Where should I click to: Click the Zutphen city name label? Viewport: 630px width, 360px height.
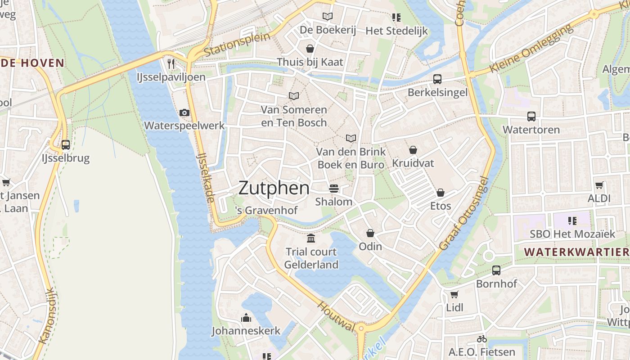[x=274, y=188]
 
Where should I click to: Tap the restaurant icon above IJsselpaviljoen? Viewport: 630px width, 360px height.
[x=171, y=63]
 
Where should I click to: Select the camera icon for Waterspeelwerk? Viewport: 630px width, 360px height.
[x=184, y=112]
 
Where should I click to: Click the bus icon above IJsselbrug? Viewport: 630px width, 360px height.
[x=66, y=145]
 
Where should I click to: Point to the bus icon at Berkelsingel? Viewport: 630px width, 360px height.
[x=437, y=79]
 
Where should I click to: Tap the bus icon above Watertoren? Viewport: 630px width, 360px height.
[x=531, y=117]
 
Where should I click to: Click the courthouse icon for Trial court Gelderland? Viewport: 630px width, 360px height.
[x=311, y=238]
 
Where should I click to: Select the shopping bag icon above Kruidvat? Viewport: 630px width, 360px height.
[x=413, y=150]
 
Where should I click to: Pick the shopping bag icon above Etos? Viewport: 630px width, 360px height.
[x=440, y=193]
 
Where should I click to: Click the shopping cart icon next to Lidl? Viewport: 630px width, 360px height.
[x=454, y=295]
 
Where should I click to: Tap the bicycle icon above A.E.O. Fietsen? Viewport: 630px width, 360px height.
[x=481, y=339]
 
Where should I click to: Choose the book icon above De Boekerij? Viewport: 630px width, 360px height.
[x=328, y=17]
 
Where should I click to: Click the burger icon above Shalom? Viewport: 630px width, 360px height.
[x=333, y=188]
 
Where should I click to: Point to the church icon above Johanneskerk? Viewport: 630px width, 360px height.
[x=246, y=318]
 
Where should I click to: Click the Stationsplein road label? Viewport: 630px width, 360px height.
[x=237, y=45]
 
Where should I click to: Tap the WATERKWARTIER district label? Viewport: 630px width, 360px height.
[x=577, y=252]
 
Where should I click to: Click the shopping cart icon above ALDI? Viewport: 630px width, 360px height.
[x=599, y=185]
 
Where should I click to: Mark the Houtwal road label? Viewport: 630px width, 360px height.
[x=336, y=317]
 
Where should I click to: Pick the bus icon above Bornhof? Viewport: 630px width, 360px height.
[x=496, y=270]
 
